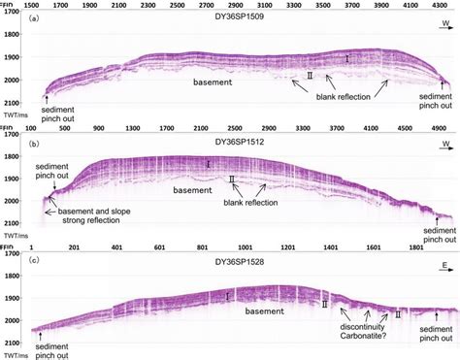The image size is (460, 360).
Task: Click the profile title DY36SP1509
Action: point(230,17)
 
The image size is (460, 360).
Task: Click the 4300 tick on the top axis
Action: point(437,5)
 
